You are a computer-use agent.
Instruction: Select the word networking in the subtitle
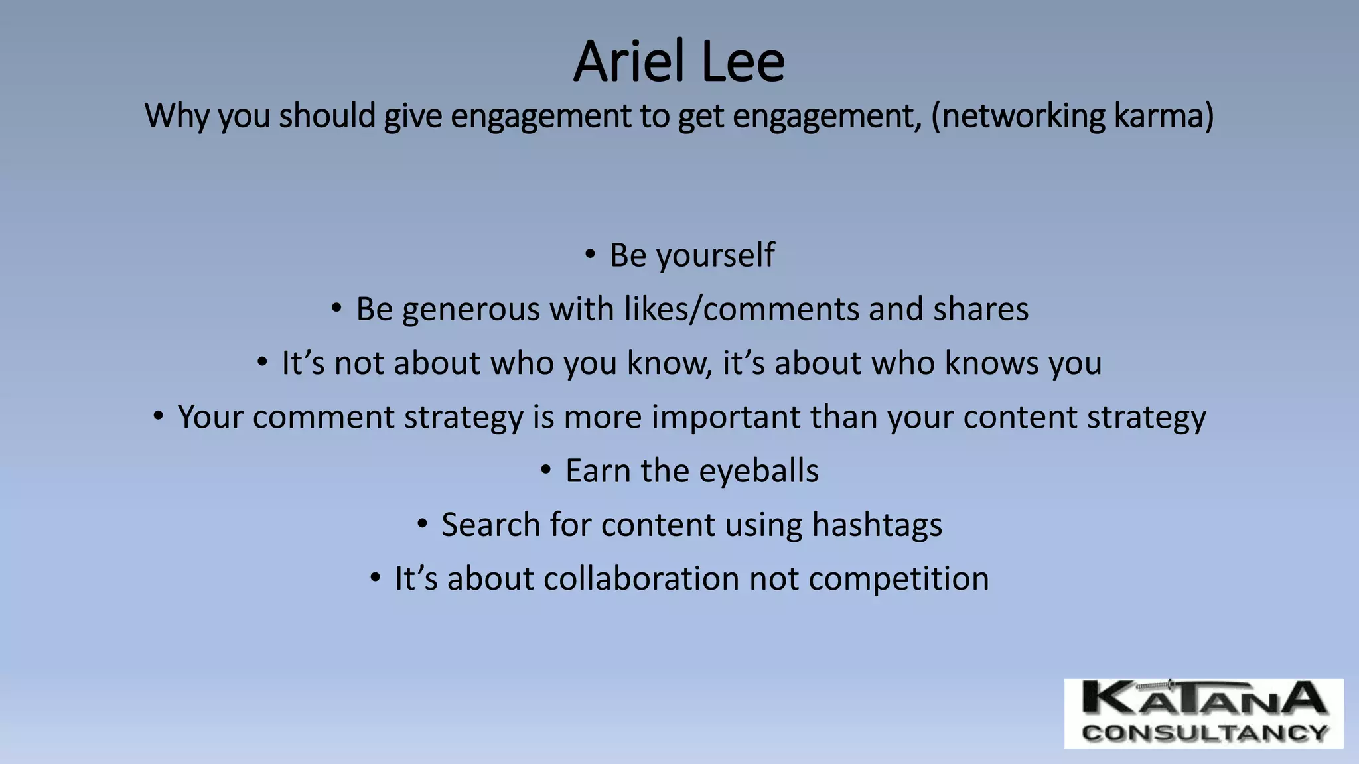(1019, 116)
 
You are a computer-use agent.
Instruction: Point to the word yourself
(715, 256)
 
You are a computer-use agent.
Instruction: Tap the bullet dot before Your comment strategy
(157, 416)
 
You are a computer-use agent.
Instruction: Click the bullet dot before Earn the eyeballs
(545, 470)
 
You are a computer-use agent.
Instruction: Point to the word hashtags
(877, 525)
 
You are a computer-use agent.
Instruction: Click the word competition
(898, 579)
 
